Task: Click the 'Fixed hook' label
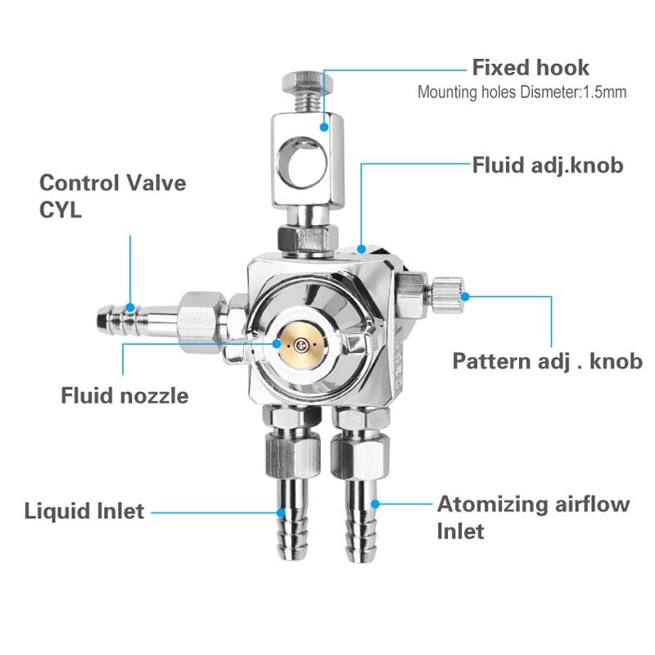pos(530,67)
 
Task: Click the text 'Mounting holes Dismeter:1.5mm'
pos(522,93)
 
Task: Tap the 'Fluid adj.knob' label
pos(548,165)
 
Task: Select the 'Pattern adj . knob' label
pos(547,361)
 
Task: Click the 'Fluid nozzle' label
pos(124,396)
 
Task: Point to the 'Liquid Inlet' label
pos(84,512)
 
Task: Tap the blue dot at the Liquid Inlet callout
pos(281,513)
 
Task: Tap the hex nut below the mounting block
pos(306,238)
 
